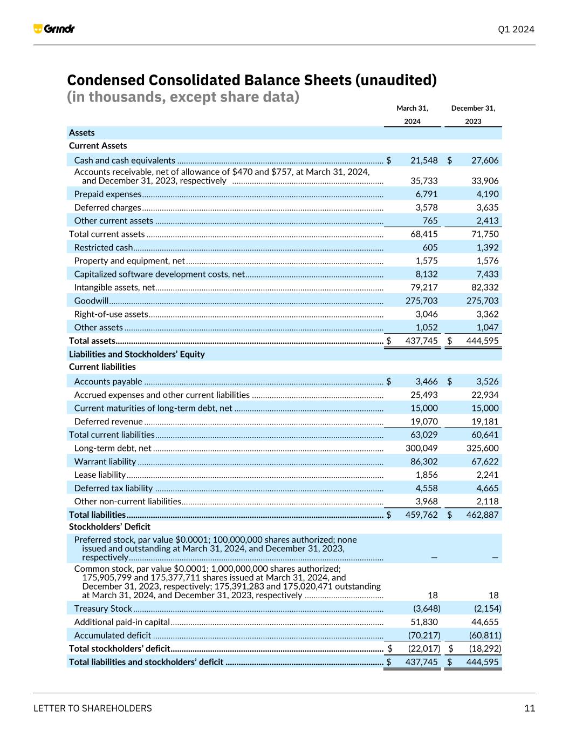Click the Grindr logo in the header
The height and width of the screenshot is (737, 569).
coord(54,29)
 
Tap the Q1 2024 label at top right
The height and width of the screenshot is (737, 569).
coord(516,29)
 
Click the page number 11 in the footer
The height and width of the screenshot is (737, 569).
coord(529,708)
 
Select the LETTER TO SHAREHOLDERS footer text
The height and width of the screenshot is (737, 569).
coord(93,708)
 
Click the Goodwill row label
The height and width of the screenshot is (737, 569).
coord(91,301)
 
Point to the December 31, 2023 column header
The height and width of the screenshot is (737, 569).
coord(473,114)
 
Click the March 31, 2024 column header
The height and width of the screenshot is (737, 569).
coord(412,114)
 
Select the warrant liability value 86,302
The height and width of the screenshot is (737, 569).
coord(423,462)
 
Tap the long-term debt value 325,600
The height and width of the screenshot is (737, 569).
coord(482,448)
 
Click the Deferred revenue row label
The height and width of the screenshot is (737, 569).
coord(108,422)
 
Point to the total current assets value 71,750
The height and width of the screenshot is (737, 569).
coord(484,234)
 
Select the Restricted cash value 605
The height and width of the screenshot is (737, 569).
coord(430,247)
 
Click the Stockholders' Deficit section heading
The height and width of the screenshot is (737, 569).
coord(109,526)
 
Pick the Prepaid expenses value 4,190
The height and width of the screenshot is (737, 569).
coord(487,194)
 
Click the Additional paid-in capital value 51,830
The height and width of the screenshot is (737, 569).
coord(423,622)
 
